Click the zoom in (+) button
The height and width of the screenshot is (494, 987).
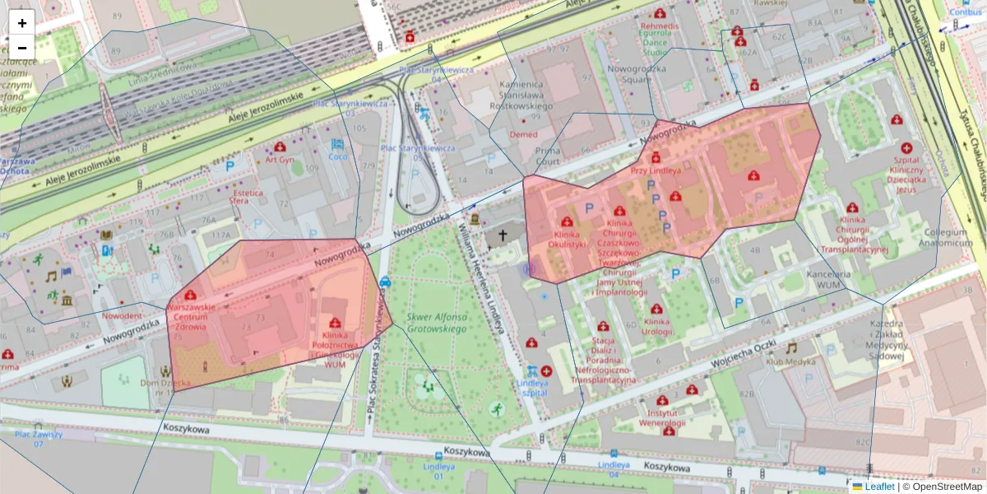click(22, 23)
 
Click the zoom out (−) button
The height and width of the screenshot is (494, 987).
click(22, 48)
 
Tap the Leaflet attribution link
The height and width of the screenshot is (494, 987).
click(879, 487)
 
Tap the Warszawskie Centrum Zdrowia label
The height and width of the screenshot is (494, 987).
click(191, 316)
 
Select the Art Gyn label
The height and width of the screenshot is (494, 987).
click(280, 161)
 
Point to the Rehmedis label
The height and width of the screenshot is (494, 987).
click(660, 26)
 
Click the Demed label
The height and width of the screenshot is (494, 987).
click(523, 134)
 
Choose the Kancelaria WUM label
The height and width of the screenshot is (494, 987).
click(827, 279)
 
